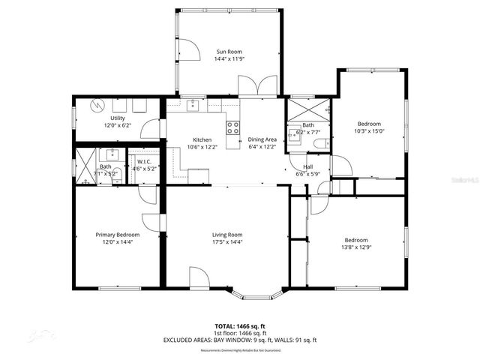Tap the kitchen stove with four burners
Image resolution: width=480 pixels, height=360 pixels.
pos(233,125)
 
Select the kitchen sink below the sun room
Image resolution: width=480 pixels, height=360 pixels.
pos(193,106)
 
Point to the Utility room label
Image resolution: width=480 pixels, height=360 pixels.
pos(118,118)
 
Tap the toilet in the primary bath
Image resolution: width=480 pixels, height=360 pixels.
pos(116,175)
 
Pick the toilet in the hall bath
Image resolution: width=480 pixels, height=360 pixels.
pos(320,143)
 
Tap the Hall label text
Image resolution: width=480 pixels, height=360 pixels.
pos(307,166)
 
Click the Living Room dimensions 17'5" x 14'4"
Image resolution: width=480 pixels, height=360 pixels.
pos(226,242)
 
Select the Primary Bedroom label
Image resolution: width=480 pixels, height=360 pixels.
pos(118,235)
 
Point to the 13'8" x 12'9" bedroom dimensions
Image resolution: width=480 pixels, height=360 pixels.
pos(356,247)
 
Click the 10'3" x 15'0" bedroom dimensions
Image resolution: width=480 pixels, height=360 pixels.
pos(369,131)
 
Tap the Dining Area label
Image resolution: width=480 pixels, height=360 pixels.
pos(262,139)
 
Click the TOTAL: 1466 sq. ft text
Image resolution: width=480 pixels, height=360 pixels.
pos(240,327)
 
